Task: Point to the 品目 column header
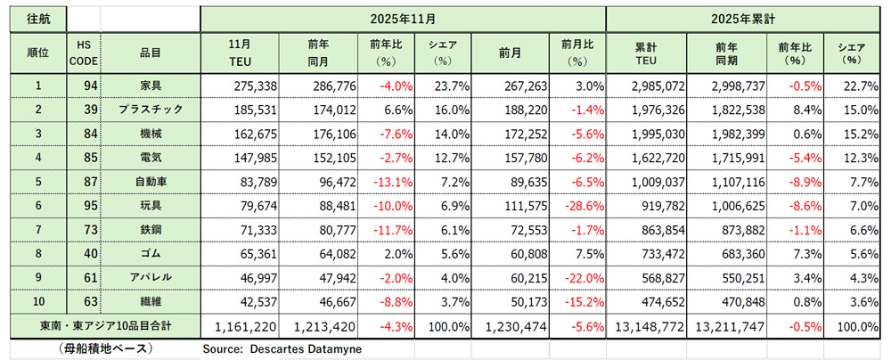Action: pos(150,53)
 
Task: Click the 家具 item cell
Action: pos(150,86)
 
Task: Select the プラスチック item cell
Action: pos(150,109)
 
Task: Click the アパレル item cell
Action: pos(150,278)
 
